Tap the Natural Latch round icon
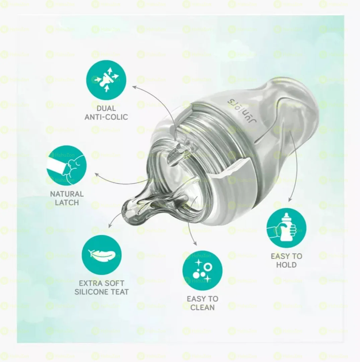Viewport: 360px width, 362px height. click(67, 165)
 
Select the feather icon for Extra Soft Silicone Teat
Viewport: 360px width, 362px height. click(101, 255)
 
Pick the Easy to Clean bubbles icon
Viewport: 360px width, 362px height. click(202, 270)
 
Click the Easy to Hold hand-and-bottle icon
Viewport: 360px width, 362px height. click(286, 228)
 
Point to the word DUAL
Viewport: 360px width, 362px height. click(106, 109)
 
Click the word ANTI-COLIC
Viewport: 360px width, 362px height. click(106, 117)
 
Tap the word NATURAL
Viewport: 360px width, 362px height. click(67, 194)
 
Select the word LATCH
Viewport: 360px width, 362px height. click(67, 202)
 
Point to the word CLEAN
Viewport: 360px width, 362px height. click(202, 307)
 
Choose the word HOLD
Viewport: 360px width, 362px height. click(286, 265)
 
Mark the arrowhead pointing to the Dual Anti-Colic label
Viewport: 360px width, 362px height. click(134, 87)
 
